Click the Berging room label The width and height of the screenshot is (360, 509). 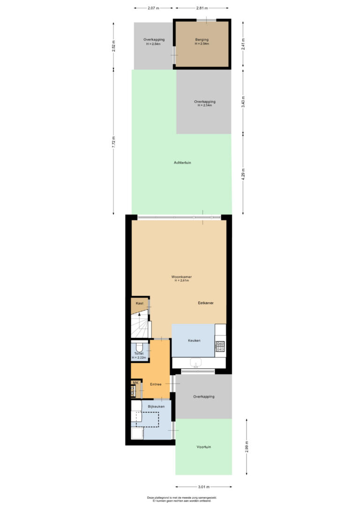(x=202, y=40)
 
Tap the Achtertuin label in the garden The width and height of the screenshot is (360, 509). (x=182, y=163)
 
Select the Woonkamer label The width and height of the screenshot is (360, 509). (x=181, y=277)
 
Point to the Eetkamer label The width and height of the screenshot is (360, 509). (x=206, y=303)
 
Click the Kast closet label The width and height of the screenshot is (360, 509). (x=139, y=303)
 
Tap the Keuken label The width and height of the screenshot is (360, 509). (x=194, y=340)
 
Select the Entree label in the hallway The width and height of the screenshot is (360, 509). (x=156, y=384)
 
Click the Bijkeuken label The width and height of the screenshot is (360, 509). (x=156, y=406)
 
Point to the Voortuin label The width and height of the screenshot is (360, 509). (x=203, y=447)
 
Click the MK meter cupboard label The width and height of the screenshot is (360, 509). (x=135, y=383)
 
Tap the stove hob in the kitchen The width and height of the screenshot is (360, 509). (x=220, y=346)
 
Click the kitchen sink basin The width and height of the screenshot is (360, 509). (x=195, y=363)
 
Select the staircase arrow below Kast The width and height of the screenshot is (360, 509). (x=139, y=315)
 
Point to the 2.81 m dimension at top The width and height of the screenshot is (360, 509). (x=202, y=8)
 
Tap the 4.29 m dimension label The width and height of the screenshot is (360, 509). (x=243, y=174)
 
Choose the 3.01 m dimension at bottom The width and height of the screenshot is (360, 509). (x=203, y=487)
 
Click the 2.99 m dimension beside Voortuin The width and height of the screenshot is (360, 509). (x=247, y=446)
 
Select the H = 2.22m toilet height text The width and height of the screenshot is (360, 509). (x=139, y=358)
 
